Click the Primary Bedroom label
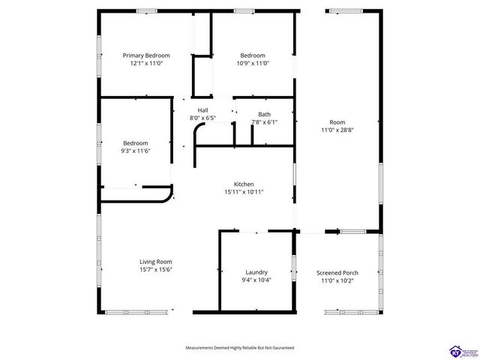pyautogui.click(x=146, y=55)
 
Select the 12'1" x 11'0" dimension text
pyautogui.click(x=146, y=64)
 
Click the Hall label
pyautogui.click(x=202, y=109)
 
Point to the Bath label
pyautogui.click(x=264, y=114)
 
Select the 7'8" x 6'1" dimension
pyautogui.click(x=264, y=122)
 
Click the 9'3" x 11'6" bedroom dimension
pyautogui.click(x=136, y=151)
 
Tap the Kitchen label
pyautogui.click(x=244, y=184)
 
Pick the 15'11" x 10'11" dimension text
pyautogui.click(x=244, y=192)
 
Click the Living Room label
pyautogui.click(x=156, y=262)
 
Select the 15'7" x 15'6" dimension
pyautogui.click(x=156, y=270)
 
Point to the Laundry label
pyautogui.click(x=256, y=272)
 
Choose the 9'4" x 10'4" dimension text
pyautogui.click(x=256, y=280)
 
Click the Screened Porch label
pyautogui.click(x=337, y=272)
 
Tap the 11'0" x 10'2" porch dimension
pyautogui.click(x=337, y=280)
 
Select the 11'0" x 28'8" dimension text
pyautogui.click(x=337, y=130)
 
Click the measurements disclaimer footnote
pyautogui.click(x=240, y=348)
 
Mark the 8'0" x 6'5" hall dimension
pyautogui.click(x=202, y=118)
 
